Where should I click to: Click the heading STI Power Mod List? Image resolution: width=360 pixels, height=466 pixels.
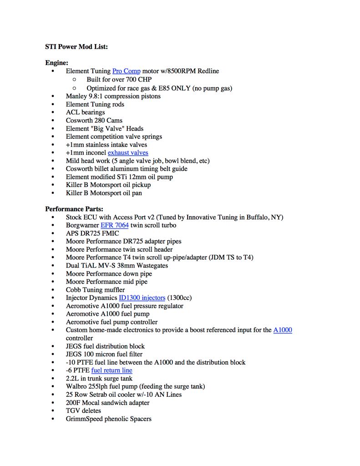[x=76, y=46]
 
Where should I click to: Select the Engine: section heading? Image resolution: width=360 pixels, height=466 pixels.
[x=56, y=63]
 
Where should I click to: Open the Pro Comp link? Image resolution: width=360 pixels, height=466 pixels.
[x=126, y=71]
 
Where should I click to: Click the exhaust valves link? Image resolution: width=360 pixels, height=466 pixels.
[x=128, y=152]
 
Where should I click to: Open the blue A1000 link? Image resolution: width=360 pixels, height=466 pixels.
[x=283, y=330]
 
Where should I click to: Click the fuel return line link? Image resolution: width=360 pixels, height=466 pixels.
[x=112, y=370]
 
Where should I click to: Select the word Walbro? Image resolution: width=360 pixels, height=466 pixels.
[x=76, y=386]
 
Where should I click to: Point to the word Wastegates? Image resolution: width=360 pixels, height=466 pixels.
[x=151, y=265]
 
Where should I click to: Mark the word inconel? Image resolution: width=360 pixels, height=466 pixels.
[x=93, y=152]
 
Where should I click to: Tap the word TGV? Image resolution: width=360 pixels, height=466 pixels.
[x=73, y=410]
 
